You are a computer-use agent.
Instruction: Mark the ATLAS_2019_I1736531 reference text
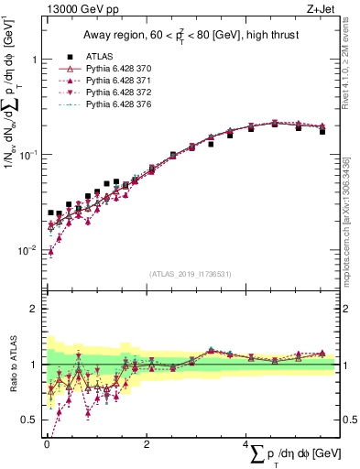point(190,274)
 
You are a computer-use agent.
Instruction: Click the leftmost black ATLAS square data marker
point(51,213)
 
